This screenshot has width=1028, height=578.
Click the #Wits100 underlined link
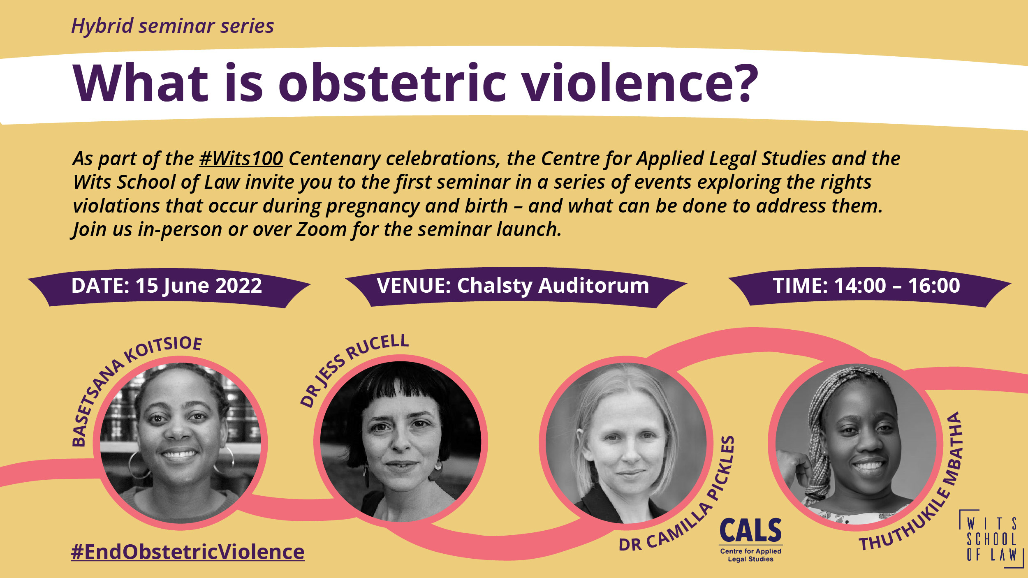[x=241, y=159]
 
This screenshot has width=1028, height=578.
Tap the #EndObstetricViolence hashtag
[x=188, y=552]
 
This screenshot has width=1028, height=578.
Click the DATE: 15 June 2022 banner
[x=169, y=287]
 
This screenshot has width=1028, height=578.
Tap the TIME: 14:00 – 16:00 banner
[x=869, y=287]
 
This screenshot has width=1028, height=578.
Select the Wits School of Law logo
[x=991, y=539]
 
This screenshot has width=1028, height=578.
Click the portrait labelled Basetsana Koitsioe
[x=180, y=443]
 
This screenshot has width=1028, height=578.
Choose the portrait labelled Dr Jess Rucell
[x=401, y=442]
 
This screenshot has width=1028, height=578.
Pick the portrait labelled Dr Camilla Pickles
[x=626, y=443]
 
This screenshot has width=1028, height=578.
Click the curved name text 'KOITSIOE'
[x=162, y=348]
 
